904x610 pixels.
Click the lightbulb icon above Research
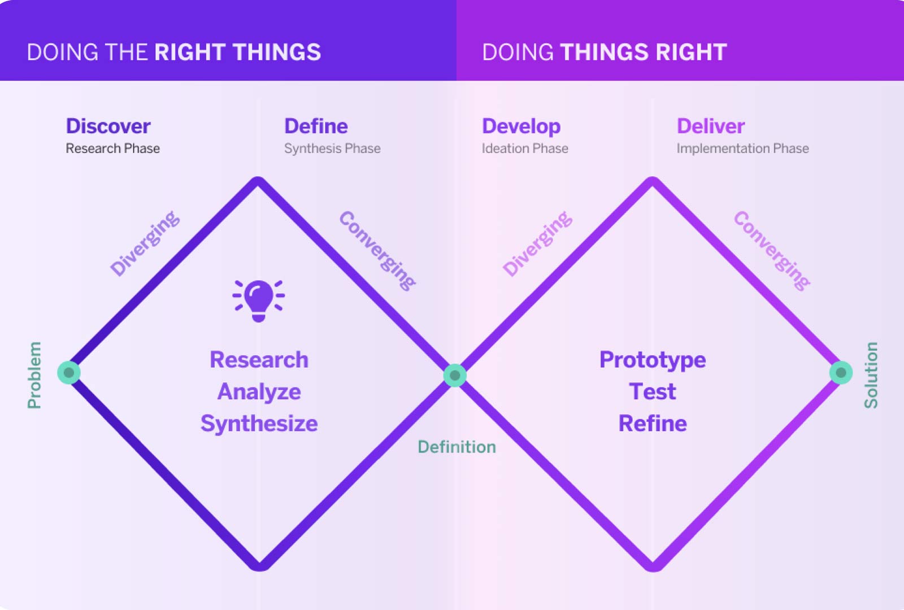point(259,300)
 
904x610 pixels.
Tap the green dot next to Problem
point(69,373)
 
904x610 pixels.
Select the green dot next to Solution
point(841,373)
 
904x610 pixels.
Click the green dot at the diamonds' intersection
point(455,376)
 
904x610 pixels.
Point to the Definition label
point(457,447)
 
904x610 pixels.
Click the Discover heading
point(108,126)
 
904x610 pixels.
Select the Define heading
point(316,126)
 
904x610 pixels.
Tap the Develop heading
point(521,127)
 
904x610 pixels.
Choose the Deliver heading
point(711,126)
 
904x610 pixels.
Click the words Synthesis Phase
point(332,149)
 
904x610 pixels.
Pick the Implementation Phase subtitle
point(742,149)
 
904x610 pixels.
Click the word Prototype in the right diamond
point(653,360)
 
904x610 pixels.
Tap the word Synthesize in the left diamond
point(259,424)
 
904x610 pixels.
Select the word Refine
point(653,424)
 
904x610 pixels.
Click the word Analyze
point(259,391)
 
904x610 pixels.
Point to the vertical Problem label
point(34,375)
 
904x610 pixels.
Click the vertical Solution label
point(871,375)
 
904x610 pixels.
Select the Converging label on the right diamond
point(772,250)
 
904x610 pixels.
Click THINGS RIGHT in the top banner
point(643,52)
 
